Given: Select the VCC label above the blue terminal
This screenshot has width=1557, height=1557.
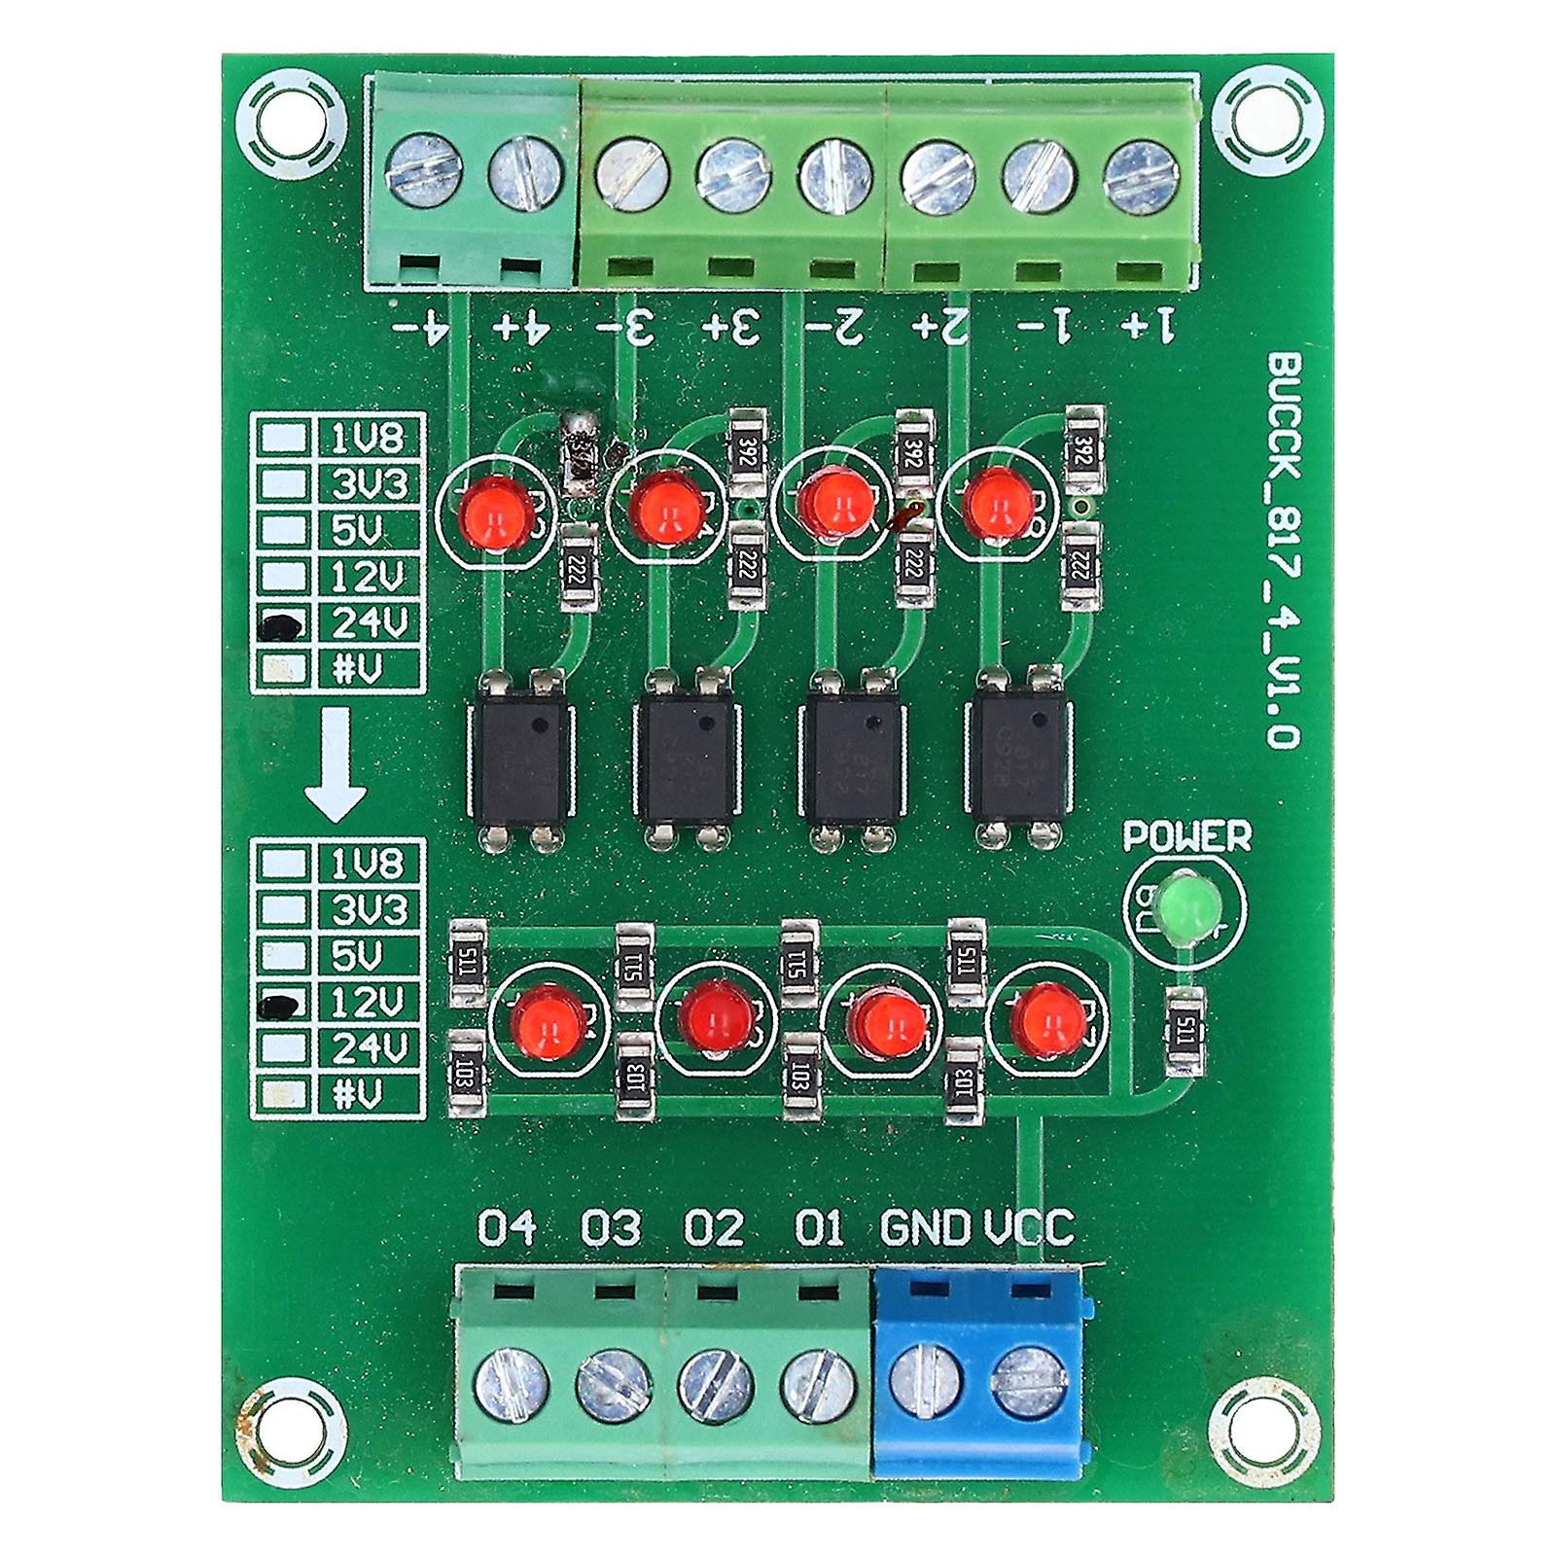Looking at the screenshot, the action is tap(1029, 1228).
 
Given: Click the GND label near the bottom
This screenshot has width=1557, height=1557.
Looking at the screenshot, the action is tap(925, 1228).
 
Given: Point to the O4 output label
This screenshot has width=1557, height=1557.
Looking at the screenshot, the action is tap(507, 1228).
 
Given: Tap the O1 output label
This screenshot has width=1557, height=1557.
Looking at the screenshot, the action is tap(819, 1228).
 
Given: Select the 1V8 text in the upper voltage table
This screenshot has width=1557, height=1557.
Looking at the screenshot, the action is tap(367, 439).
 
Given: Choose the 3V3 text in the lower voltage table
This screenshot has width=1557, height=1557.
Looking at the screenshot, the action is tap(367, 910).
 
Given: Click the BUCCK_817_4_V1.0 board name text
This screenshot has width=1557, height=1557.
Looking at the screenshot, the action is tap(1284, 549).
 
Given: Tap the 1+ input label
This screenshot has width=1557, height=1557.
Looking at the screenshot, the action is tap(1149, 325).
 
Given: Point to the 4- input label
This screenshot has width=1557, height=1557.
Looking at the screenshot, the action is tap(421, 325).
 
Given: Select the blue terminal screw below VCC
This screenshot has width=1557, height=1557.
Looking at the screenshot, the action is tap(1029, 1382).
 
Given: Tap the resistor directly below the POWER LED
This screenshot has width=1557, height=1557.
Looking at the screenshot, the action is tap(1185, 1031).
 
